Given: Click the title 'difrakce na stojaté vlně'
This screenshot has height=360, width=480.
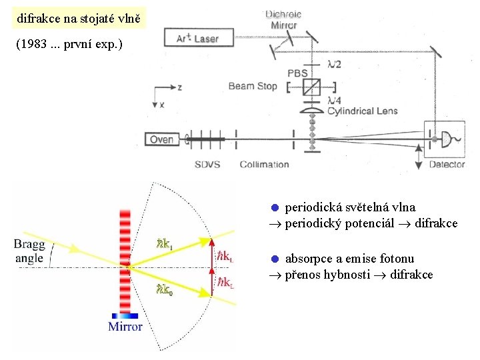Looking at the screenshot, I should [79, 19].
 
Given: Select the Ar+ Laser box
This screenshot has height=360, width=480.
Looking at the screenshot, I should [197, 39].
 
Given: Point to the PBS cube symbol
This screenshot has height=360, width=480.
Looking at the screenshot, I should [311, 87].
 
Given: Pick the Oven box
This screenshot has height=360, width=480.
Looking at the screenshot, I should [161, 139].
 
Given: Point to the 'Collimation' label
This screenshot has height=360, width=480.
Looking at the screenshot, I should [264, 164].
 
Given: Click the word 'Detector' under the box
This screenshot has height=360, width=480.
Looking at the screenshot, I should [447, 165].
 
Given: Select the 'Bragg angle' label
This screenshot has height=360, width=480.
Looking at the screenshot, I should [29, 251].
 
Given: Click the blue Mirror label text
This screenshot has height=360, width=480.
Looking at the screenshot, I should [125, 327].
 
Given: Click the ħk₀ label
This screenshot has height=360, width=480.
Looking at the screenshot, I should [164, 289].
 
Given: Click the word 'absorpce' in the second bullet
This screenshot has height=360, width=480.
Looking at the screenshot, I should [308, 259].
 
